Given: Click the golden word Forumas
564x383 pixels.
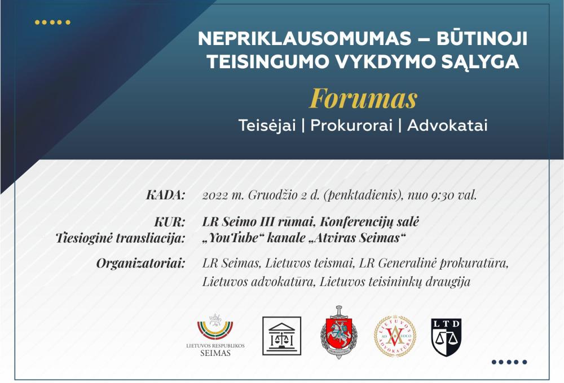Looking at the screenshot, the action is pyautogui.click(x=363, y=99).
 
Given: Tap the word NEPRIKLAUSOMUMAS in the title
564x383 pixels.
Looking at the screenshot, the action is pyautogui.click(x=305, y=38).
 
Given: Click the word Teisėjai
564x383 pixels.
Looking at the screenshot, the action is pyautogui.click(x=267, y=126).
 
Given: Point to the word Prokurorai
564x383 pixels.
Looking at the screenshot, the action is pyautogui.click(x=351, y=126).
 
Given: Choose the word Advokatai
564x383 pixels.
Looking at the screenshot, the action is pyautogui.click(x=447, y=126).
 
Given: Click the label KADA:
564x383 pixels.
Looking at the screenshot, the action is pyautogui.click(x=165, y=195).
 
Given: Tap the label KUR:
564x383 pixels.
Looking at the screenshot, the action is pyautogui.click(x=169, y=222).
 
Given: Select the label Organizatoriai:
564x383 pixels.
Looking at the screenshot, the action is pyautogui.click(x=140, y=264).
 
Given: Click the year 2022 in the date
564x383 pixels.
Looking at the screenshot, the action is pyautogui.click(x=215, y=195).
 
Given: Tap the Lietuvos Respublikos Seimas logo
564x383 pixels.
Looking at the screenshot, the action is pyautogui.click(x=215, y=335).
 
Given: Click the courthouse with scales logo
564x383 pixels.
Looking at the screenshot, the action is pyautogui.click(x=281, y=336).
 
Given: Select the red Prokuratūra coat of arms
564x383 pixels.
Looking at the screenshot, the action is pyautogui.click(x=338, y=332).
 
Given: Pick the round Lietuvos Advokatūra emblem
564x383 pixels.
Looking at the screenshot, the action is pyautogui.click(x=395, y=336).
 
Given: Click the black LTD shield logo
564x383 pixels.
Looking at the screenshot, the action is pyautogui.click(x=446, y=337).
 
